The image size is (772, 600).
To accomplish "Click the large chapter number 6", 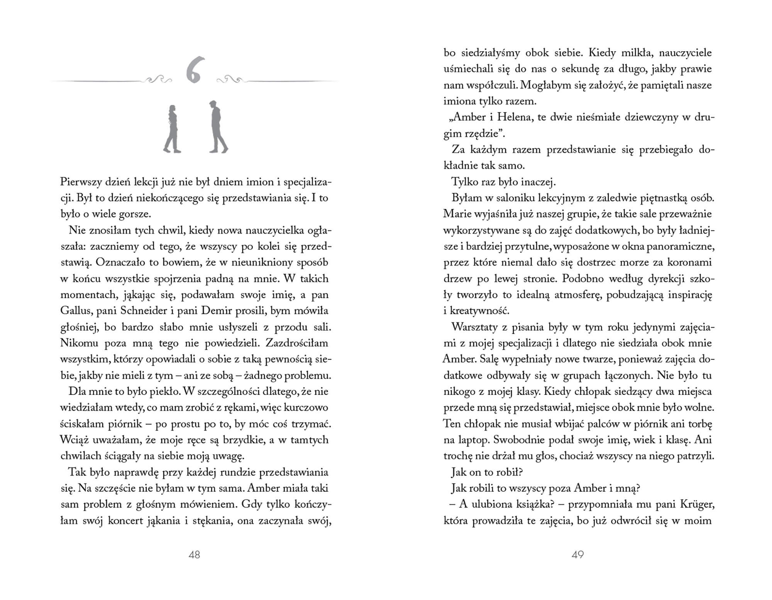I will pyautogui.click(x=193, y=71).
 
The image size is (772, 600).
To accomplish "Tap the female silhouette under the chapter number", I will pyautogui.click(x=172, y=129).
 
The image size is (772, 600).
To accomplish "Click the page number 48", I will pyautogui.click(x=194, y=554).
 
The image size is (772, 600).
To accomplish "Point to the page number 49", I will pyautogui.click(x=577, y=554).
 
